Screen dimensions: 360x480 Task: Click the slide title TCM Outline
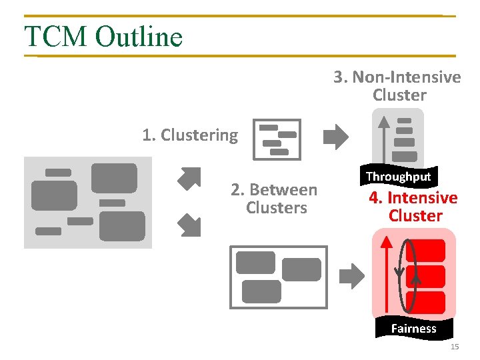103,36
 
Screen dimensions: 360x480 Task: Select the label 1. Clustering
190,135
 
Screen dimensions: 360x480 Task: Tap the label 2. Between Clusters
274,199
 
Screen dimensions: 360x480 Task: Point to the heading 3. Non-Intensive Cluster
398,86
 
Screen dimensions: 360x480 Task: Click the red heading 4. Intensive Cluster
413,207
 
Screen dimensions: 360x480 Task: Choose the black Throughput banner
399,177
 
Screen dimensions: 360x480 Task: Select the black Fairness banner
413,328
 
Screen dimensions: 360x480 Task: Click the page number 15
455,347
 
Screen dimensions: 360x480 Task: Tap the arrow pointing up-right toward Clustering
189,178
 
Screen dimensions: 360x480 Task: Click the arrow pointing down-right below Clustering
189,225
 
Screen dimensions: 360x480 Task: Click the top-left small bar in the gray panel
58,173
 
